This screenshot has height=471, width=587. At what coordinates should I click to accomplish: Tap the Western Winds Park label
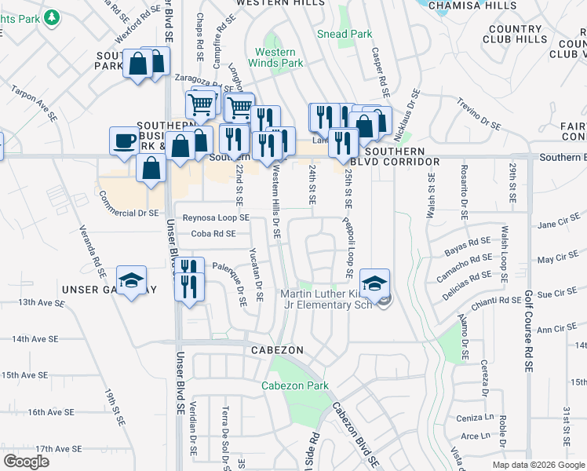tap(275, 57)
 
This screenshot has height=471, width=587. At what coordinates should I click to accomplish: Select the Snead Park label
tap(345, 34)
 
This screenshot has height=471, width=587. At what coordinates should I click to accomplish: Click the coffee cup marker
tap(123, 141)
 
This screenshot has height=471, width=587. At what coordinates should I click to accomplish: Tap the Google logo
tap(26, 462)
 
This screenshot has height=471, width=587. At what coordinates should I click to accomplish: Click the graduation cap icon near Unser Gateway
tap(131, 281)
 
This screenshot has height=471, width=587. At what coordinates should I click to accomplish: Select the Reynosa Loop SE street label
tap(216, 217)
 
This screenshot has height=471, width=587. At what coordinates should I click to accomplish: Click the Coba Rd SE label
tap(213, 233)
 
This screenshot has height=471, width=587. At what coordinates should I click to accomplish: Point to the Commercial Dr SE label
tap(129, 213)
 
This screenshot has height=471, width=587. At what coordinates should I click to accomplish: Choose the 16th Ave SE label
tap(50, 411)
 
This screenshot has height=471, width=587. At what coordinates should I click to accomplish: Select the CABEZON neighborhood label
tap(272, 349)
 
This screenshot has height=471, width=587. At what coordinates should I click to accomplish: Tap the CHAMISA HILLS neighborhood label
tap(469, 5)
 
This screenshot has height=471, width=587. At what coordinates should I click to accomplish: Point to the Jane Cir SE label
tap(558, 224)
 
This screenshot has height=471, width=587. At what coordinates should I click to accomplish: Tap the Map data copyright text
tap(538, 465)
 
